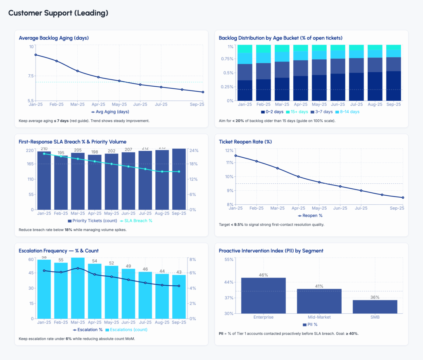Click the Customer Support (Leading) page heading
58,13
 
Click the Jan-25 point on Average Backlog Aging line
36,54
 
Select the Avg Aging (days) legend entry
110,111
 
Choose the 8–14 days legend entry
349,111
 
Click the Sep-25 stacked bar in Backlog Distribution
393,73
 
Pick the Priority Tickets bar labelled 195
61,182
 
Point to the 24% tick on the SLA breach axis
193,150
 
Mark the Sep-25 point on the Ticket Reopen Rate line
402,197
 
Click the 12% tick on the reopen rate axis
229,150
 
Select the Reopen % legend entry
310,216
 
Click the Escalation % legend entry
88,329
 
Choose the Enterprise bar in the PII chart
263,295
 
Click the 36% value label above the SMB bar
375,297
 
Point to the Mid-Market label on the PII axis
319,317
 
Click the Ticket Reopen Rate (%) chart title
245,142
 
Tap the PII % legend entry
312,324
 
